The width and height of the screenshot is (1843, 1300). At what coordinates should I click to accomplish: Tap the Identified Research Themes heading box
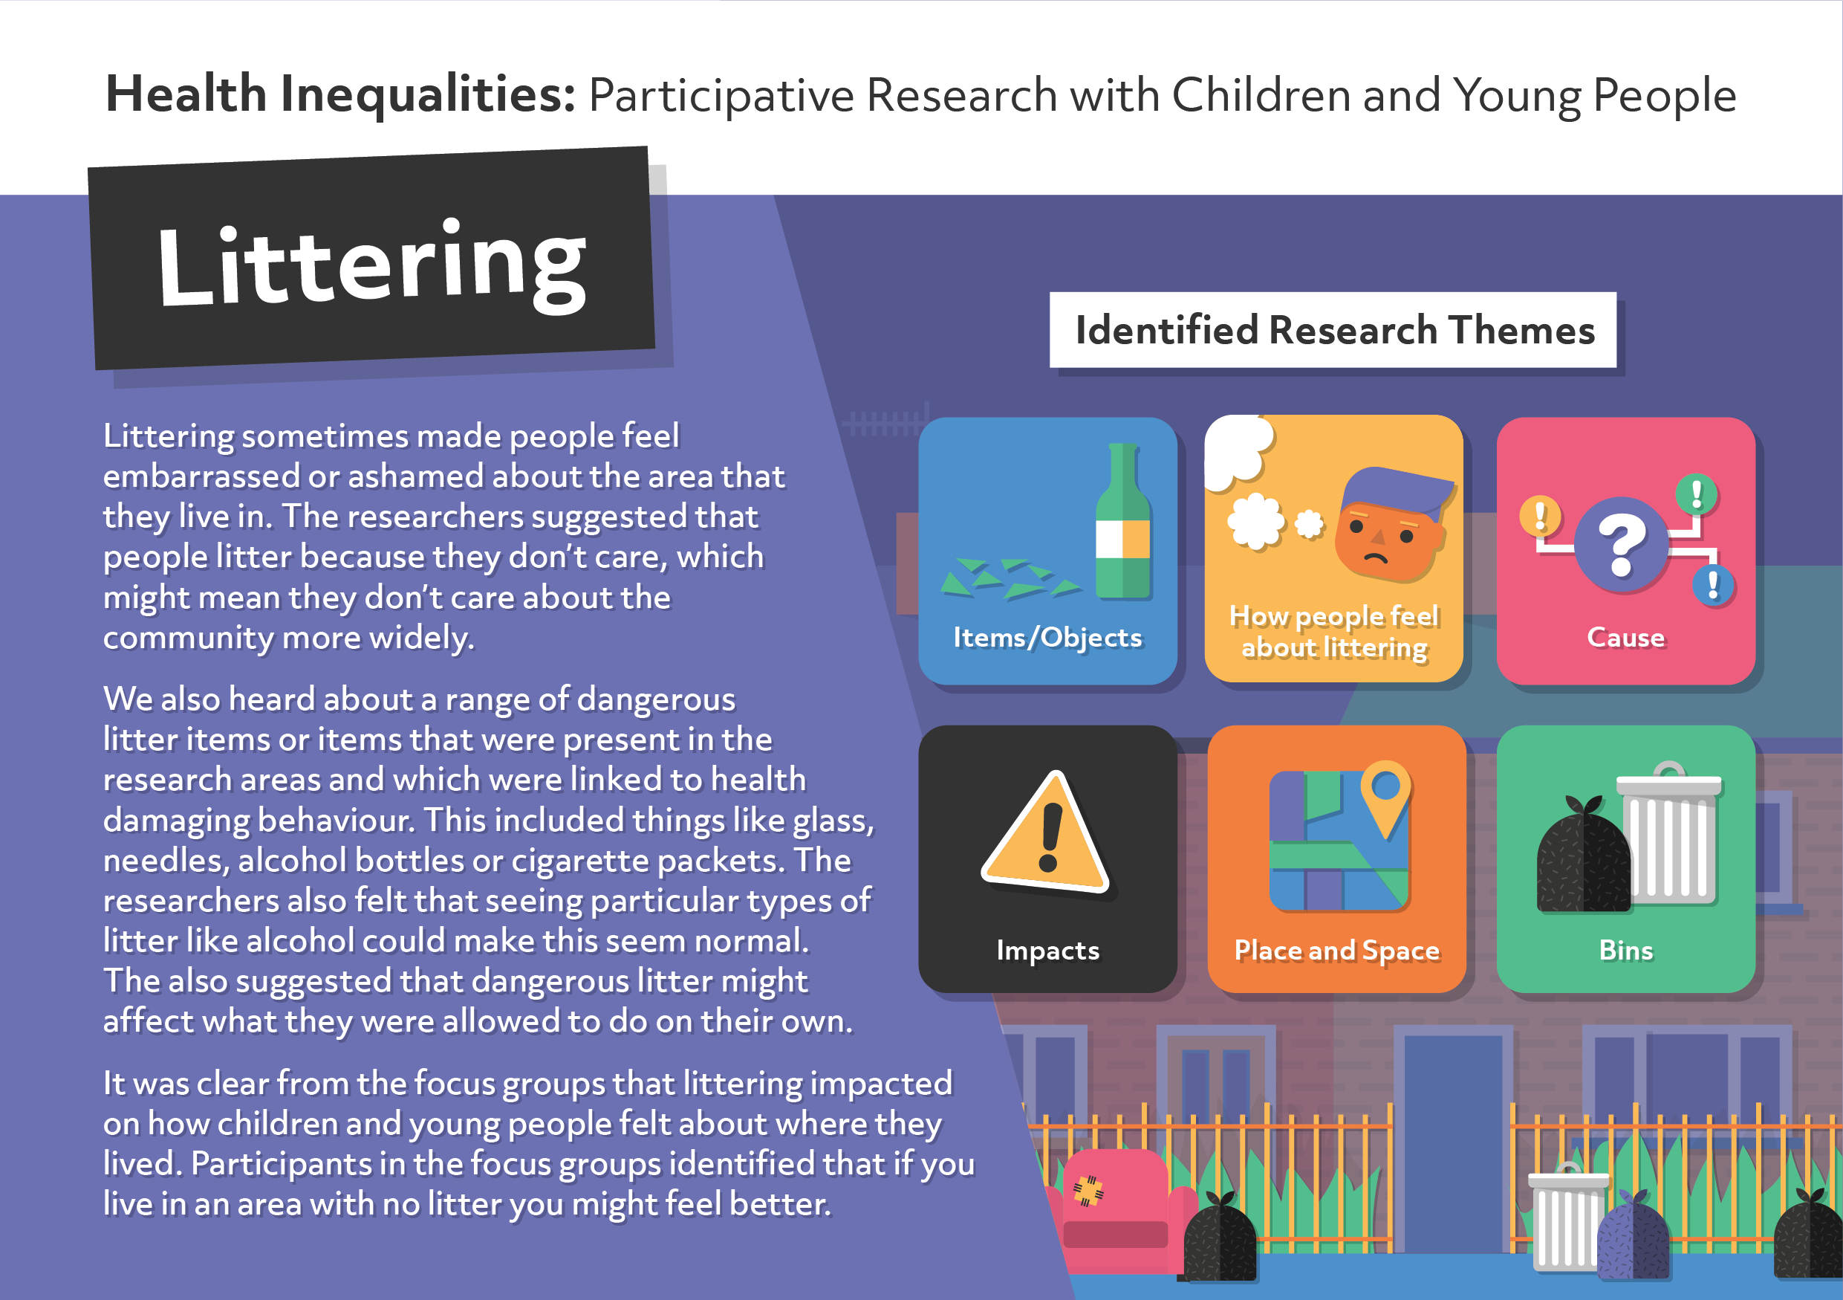tap(1333, 330)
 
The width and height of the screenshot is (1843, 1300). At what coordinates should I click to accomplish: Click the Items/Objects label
tap(1047, 638)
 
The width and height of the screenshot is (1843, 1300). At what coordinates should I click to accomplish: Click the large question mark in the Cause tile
tap(1622, 546)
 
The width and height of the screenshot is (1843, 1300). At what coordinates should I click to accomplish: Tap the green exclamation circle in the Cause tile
tap(1696, 493)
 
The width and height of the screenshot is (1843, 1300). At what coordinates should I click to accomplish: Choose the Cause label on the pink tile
tap(1625, 638)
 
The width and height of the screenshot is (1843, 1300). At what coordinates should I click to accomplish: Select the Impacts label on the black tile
tap(1047, 951)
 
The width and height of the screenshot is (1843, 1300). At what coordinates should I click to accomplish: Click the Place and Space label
tap(1336, 951)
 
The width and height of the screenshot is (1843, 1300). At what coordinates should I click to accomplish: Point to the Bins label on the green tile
tap(1625, 951)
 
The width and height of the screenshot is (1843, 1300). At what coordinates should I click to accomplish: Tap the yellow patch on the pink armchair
tap(1088, 1191)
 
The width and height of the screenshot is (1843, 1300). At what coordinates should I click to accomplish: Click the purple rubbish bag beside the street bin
tap(1633, 1237)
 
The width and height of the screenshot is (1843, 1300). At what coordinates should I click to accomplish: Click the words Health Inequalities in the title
tap(340, 94)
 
